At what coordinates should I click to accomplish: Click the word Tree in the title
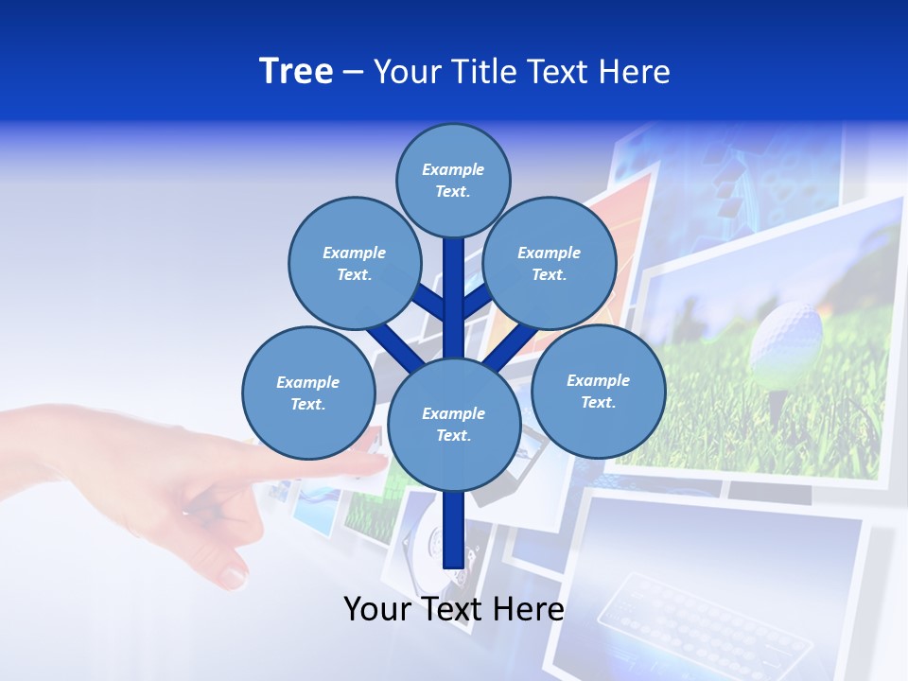[x=296, y=72]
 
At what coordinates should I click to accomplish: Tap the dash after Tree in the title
[x=353, y=73]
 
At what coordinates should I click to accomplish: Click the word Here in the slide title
[x=635, y=72]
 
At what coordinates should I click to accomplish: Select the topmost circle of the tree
[x=453, y=180]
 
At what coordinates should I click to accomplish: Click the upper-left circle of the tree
[x=354, y=263]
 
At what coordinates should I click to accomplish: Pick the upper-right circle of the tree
[x=549, y=263]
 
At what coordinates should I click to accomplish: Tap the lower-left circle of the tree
[x=307, y=393]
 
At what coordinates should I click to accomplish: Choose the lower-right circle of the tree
[x=598, y=391]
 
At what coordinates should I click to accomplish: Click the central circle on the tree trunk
[x=453, y=425]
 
